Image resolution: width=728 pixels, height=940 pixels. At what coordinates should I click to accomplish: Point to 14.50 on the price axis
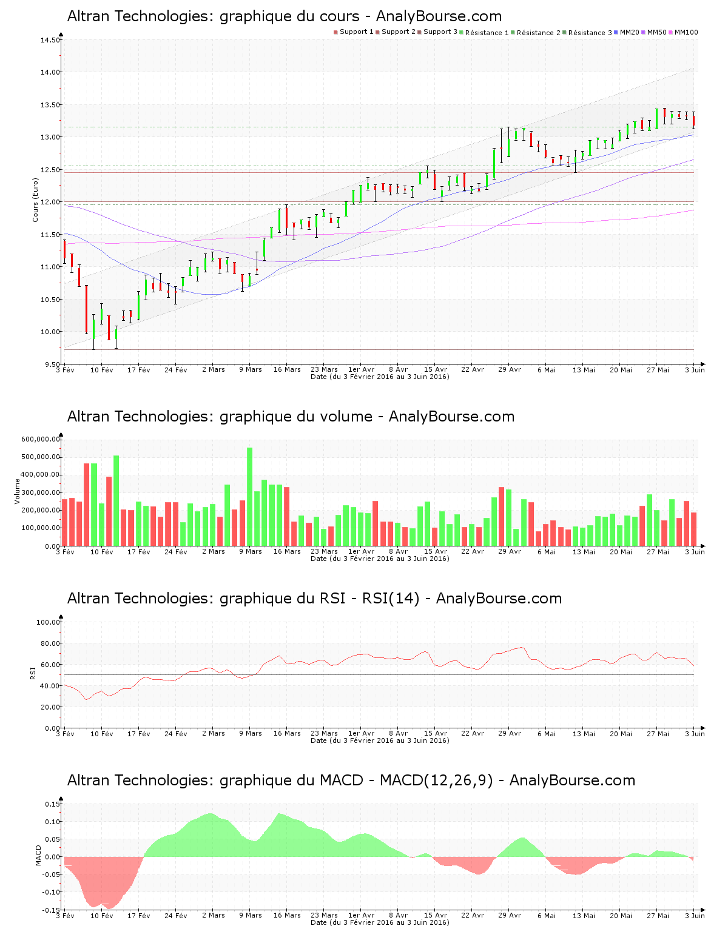point(50,40)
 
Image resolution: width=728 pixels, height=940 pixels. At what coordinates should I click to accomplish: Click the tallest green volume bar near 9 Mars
point(249,496)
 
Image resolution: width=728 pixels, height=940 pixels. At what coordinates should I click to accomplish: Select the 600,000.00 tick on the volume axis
point(41,439)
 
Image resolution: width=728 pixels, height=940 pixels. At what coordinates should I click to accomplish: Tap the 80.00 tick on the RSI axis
point(48,643)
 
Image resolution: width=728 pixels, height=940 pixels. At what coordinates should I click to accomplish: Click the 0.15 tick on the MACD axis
point(52,804)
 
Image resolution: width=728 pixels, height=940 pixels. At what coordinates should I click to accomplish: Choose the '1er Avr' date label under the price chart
point(361,369)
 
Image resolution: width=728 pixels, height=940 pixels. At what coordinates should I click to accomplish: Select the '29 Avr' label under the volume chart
point(510,551)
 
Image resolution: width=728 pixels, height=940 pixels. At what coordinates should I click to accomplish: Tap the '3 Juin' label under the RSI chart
point(695,734)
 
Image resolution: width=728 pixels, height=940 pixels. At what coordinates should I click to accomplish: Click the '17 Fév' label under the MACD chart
point(139,916)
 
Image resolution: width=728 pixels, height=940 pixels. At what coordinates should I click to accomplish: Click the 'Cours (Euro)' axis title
point(36,200)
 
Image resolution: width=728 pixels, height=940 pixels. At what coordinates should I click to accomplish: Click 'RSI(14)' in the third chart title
point(391,599)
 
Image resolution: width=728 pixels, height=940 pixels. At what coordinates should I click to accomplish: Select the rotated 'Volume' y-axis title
point(18,491)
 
